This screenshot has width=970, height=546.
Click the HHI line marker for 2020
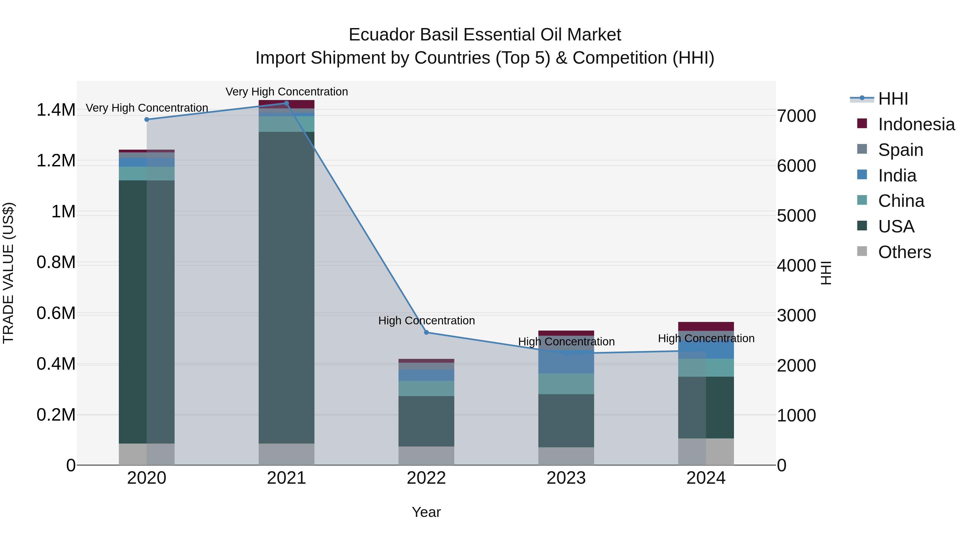147,119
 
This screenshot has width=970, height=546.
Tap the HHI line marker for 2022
426,332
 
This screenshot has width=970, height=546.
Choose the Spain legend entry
900,150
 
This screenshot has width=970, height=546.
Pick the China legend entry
901,201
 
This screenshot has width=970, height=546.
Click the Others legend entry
904,252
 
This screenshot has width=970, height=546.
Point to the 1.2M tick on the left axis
56,161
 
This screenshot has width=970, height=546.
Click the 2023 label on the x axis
566,478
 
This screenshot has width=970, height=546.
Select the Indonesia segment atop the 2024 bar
706,326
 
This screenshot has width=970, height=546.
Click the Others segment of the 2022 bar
426,456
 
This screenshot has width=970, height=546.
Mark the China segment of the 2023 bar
566,384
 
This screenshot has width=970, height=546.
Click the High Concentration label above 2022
426,321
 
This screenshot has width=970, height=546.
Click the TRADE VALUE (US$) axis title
8,273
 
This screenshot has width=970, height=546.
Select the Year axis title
426,512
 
